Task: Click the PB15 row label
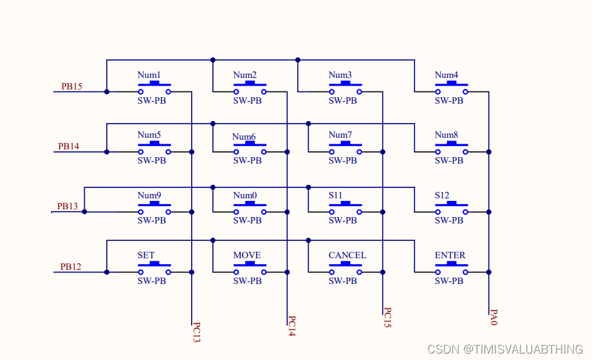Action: coord(71,86)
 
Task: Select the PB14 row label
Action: coord(68,146)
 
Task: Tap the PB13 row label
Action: coord(67,206)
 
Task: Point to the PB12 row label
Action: coord(71,267)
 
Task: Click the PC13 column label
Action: coord(197,333)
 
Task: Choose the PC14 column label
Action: coord(291,326)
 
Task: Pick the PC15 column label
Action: coord(387,317)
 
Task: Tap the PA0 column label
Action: coord(494,316)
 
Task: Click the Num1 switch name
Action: coord(149,75)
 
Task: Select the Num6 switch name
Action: coord(244,137)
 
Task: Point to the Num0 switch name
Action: coord(245,195)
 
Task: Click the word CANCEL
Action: coord(347,255)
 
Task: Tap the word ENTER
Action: coord(450,255)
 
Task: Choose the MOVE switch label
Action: coord(247,255)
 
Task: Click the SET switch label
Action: coord(146,255)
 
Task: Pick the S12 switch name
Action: coord(442,195)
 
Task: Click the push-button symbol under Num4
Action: coord(451,88)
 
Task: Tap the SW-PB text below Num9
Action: coord(152,220)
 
